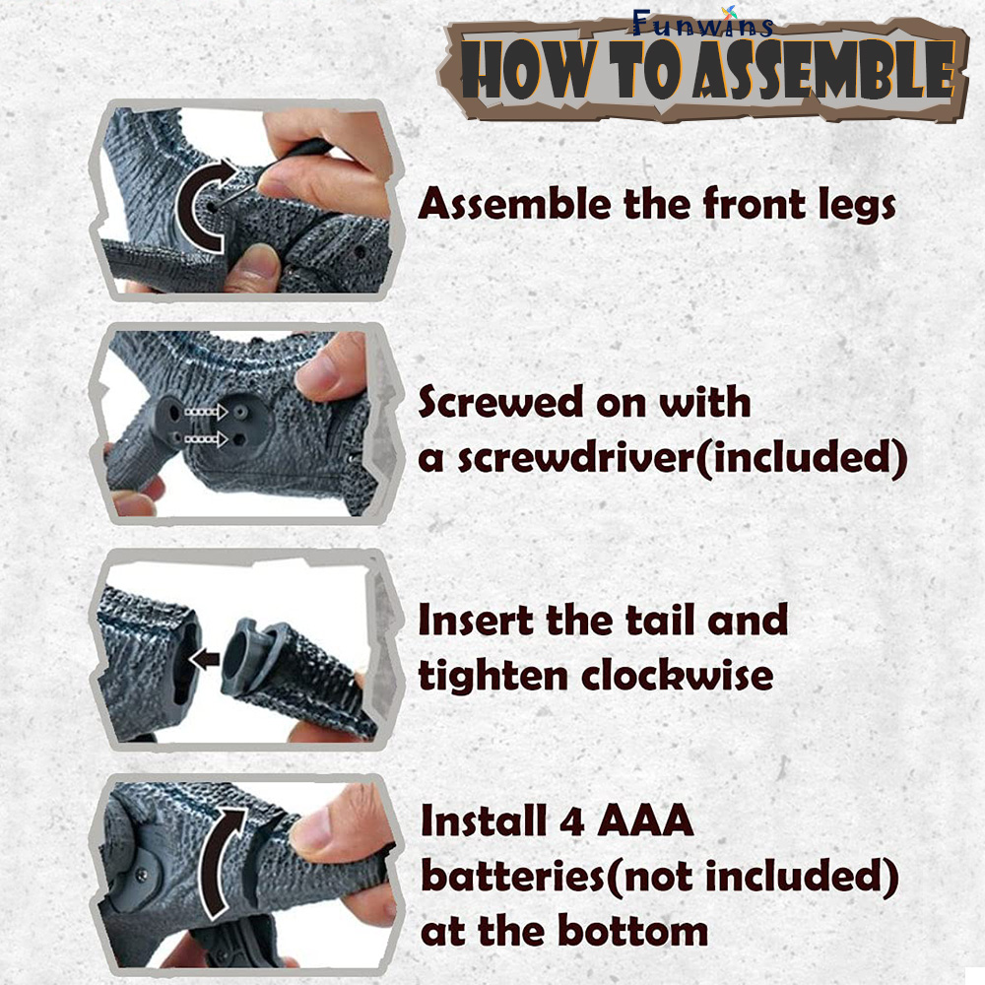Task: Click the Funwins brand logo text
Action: tap(702, 24)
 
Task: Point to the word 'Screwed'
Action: tap(500, 402)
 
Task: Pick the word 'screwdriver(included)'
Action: tap(683, 457)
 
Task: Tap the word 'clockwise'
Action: tap(678, 675)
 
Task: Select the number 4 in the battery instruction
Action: tap(572, 821)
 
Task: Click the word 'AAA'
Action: tap(645, 821)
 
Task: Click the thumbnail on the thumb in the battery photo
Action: tap(314, 829)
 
